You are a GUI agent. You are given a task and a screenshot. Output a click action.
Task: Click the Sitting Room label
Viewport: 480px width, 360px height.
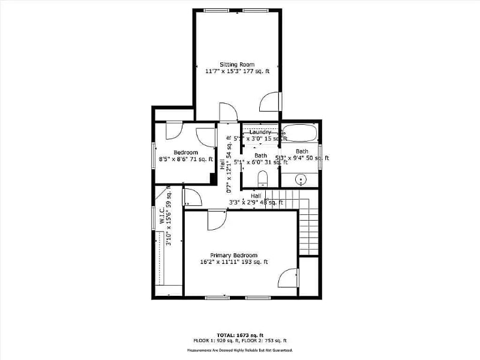pyautogui.click(x=237, y=64)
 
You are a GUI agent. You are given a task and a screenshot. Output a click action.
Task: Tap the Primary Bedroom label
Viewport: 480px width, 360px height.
pyautogui.click(x=234, y=254)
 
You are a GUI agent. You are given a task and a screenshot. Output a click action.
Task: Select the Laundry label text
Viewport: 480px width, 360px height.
pyautogui.click(x=260, y=132)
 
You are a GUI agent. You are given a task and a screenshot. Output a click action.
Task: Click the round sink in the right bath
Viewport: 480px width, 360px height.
pyautogui.click(x=301, y=178)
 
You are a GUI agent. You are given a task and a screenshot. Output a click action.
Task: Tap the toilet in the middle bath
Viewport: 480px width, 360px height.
pyautogui.click(x=262, y=179)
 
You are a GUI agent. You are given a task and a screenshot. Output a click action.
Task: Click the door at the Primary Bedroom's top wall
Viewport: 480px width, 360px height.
pyautogui.click(x=216, y=219)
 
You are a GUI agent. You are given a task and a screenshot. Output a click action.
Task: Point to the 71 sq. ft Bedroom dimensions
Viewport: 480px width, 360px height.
pyautogui.click(x=186, y=159)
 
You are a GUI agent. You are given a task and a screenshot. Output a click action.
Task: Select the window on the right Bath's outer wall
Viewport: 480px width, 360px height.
pyautogui.click(x=320, y=155)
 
